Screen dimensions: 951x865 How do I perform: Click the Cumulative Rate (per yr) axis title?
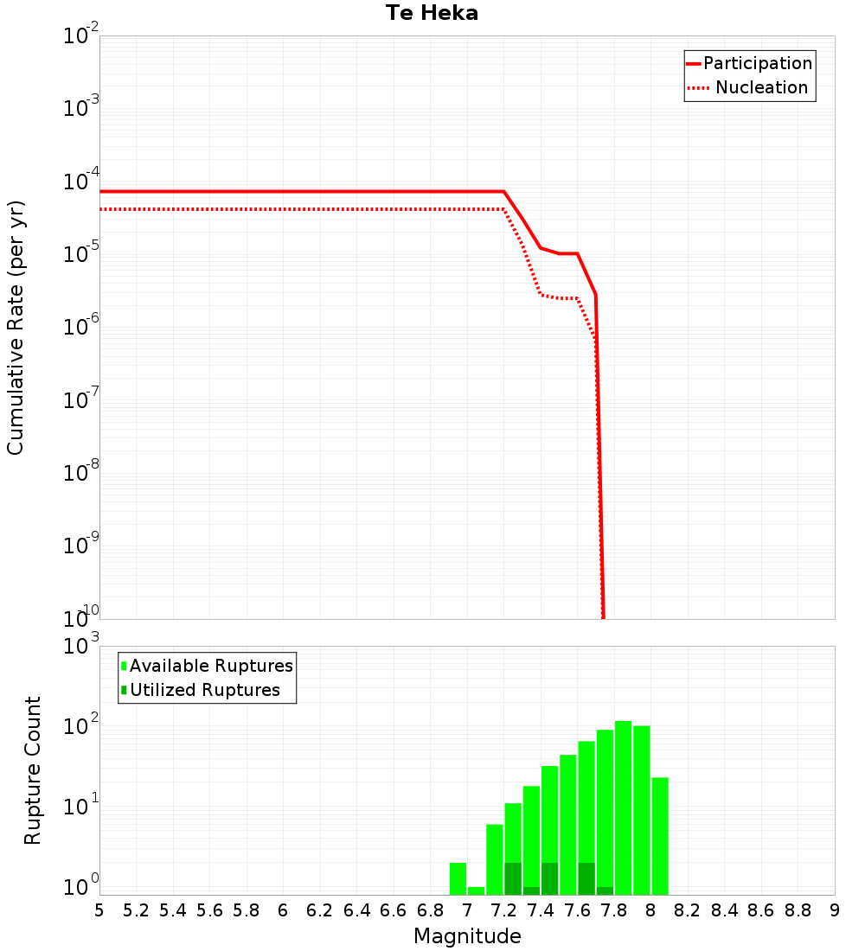click(x=16, y=328)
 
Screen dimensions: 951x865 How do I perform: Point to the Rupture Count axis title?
click(x=32, y=769)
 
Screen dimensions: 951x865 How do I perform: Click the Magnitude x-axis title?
click(x=467, y=936)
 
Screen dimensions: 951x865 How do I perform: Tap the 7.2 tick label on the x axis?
click(x=503, y=910)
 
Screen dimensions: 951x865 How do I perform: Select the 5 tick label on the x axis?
click(x=99, y=910)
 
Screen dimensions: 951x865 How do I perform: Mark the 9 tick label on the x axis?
click(x=834, y=910)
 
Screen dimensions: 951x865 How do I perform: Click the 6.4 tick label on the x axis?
click(x=356, y=910)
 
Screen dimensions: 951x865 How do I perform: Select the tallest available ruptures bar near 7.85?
click(x=623, y=804)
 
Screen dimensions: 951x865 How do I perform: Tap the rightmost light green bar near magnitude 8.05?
click(x=660, y=834)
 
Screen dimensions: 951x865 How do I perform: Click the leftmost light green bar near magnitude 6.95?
click(x=458, y=878)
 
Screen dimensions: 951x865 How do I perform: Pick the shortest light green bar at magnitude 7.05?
click(x=476, y=890)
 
